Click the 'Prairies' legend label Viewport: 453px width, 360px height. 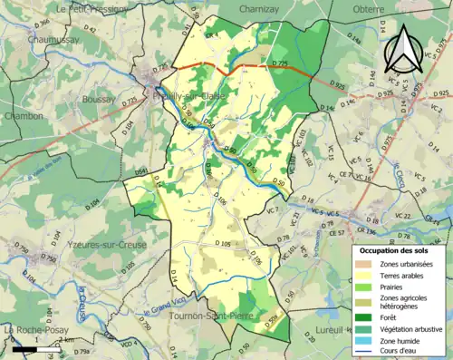point(397,289)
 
